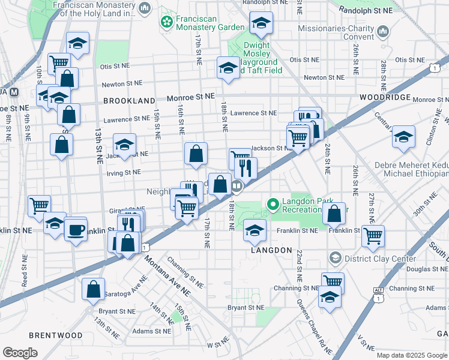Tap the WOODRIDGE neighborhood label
click(385, 97)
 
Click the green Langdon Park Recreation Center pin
click(274, 206)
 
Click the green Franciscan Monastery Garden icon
click(166, 22)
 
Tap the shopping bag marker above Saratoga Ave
click(94, 289)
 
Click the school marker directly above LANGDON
click(255, 230)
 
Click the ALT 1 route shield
click(378, 291)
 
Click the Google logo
click(20, 353)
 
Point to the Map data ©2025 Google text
click(412, 355)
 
